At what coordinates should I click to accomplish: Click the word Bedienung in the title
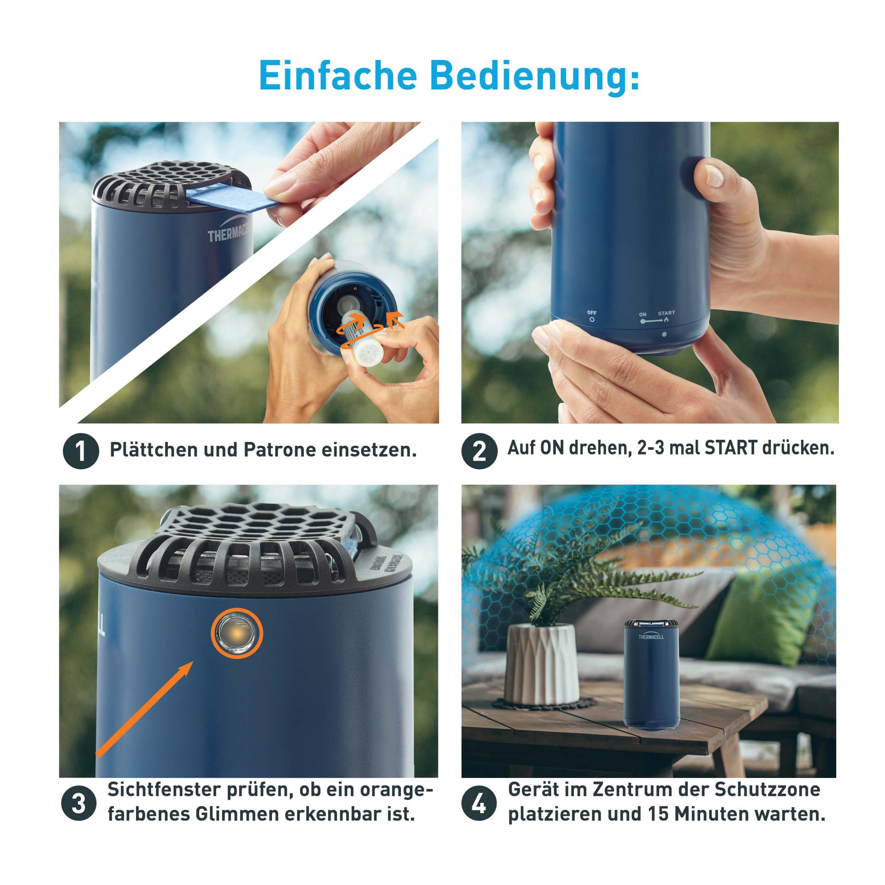point(535,75)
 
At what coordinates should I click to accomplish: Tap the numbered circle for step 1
point(81,451)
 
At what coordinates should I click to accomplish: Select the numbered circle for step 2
point(479,451)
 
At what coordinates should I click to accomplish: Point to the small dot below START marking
point(664,334)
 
